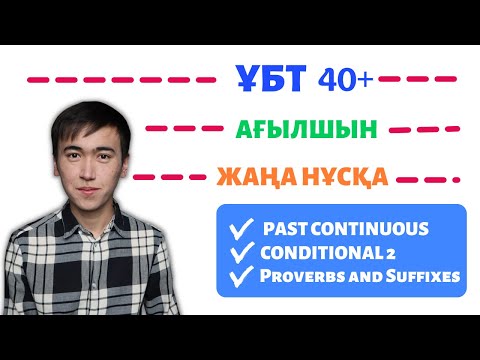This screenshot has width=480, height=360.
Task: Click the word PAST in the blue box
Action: pos(284,229)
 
